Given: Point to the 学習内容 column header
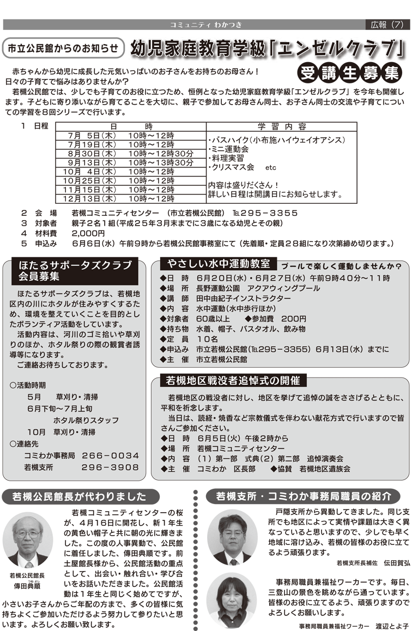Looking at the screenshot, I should (x=281, y=126).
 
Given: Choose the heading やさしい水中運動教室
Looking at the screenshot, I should (x=219, y=264).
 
